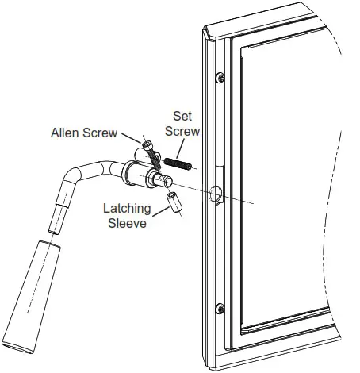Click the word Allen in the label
click(x=66, y=131)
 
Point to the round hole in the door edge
click(x=215, y=194)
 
